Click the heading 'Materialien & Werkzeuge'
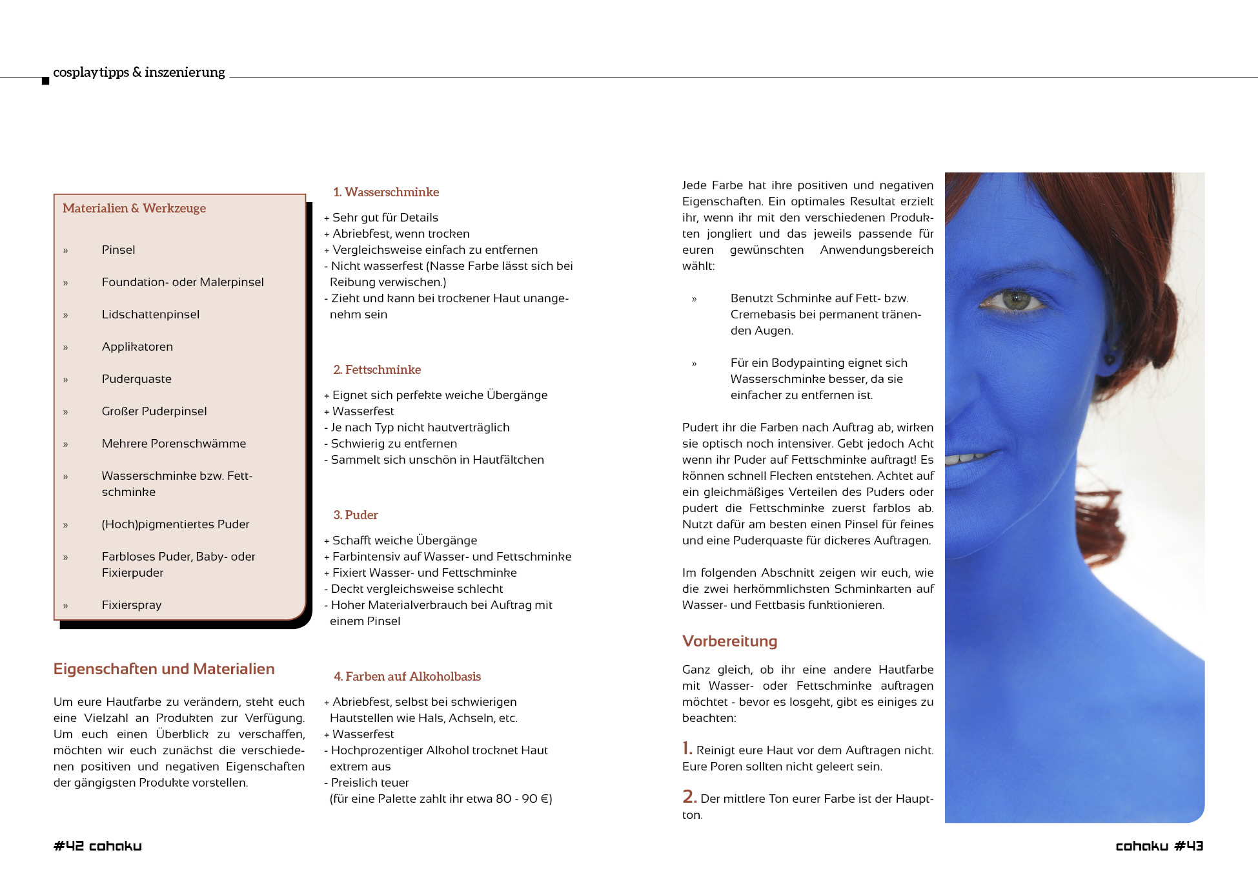[x=134, y=208]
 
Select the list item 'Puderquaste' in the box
[x=136, y=379]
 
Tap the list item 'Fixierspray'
[x=131, y=605]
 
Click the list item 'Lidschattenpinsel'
[x=150, y=315]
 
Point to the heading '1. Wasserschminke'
[x=386, y=192]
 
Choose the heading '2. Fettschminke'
[x=377, y=369]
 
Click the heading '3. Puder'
[x=356, y=515]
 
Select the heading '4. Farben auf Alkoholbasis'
[x=407, y=676]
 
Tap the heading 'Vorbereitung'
[x=729, y=641]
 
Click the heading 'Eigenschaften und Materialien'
[x=164, y=668]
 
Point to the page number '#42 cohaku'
[x=97, y=846]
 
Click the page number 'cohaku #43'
[x=1159, y=846]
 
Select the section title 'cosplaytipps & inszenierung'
[x=139, y=72]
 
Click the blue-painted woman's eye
[x=1015, y=300]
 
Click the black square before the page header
[x=45, y=81]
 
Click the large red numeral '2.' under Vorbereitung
[x=689, y=797]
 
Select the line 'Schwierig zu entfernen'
[x=394, y=444]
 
